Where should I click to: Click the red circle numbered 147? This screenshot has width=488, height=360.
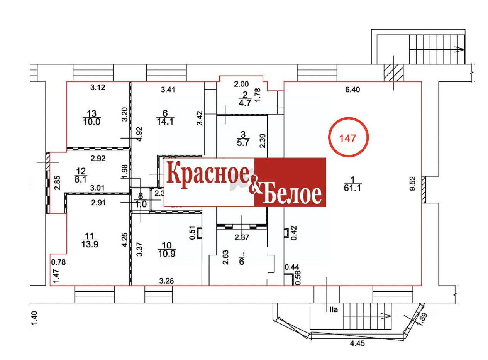coord(348,137)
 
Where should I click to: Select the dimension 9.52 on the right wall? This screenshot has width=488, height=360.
coord(412,184)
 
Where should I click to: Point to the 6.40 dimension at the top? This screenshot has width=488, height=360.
coord(352,90)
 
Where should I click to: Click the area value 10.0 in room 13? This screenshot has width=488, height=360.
coord(91,122)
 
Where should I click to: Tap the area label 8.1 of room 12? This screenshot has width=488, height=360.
coord(81,179)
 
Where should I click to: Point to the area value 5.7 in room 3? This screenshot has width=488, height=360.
coord(242,142)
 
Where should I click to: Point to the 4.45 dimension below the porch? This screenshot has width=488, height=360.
coord(357,343)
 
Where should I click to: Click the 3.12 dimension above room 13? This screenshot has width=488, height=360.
coord(98,88)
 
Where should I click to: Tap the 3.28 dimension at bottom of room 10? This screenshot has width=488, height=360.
coord(166,281)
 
